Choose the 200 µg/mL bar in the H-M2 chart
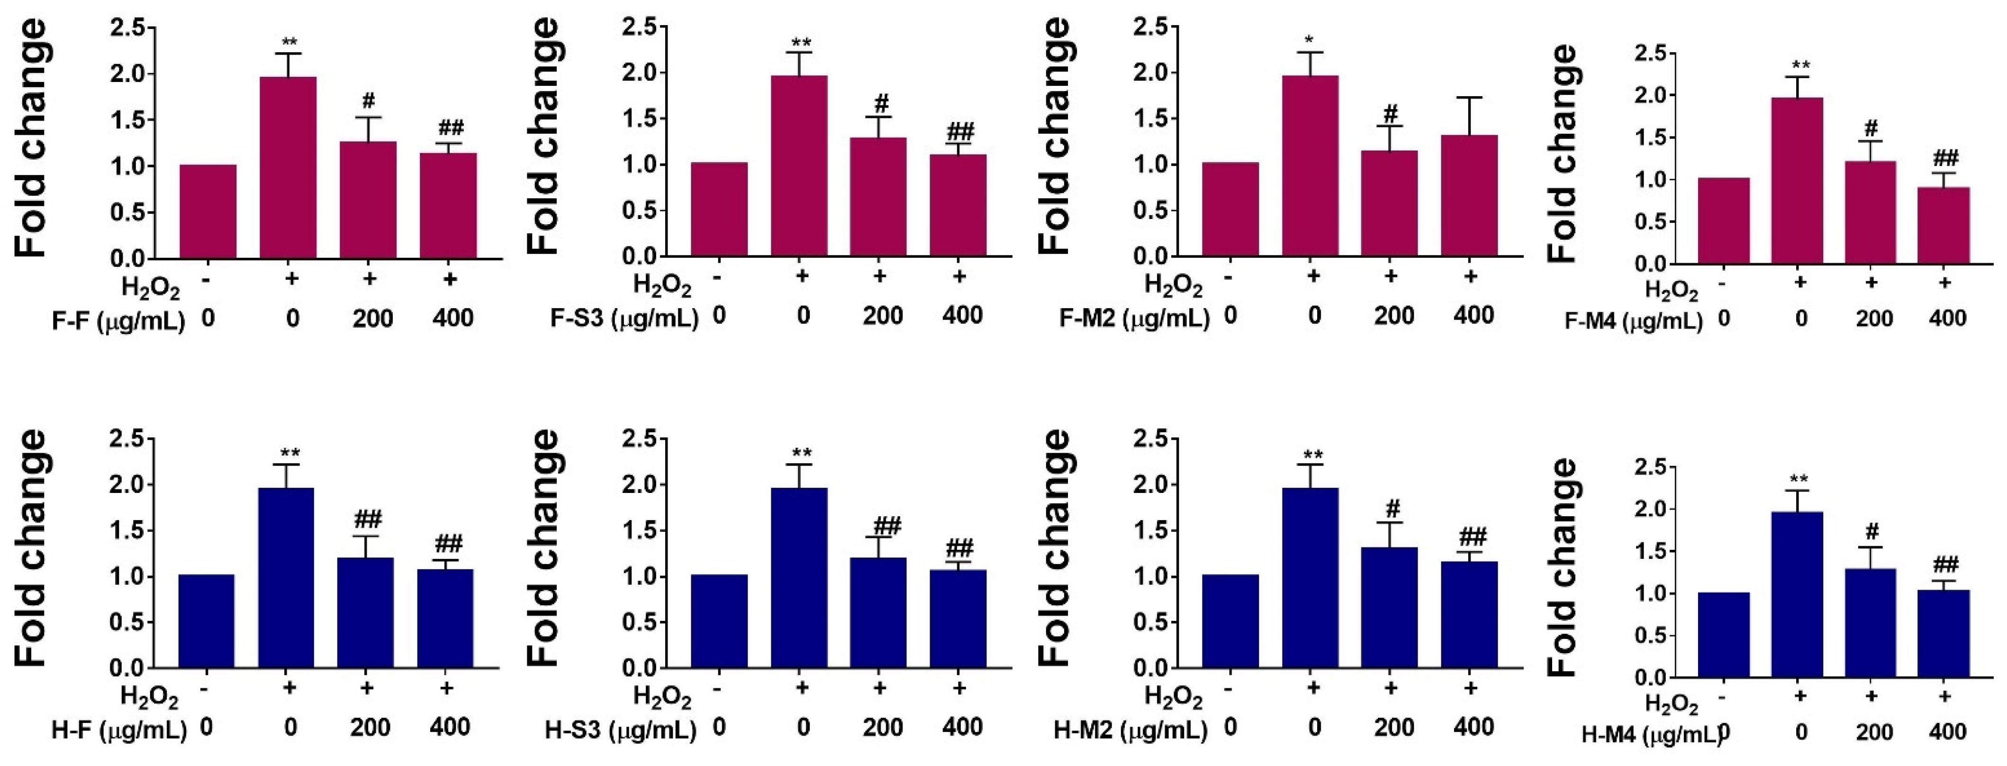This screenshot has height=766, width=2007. (1389, 607)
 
